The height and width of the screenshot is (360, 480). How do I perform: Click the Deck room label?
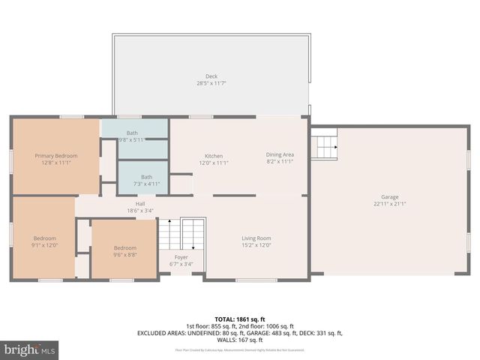[211, 76]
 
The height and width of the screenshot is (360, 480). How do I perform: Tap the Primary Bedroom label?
[56, 156]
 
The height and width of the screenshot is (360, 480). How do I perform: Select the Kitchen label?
[214, 156]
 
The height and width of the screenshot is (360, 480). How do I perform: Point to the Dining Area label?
[280, 155]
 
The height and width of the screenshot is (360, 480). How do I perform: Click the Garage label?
[389, 197]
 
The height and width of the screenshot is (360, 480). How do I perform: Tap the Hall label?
[139, 203]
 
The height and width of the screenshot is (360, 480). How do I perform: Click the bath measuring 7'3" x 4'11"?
[146, 184]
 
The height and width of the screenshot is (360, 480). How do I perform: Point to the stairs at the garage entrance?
[324, 144]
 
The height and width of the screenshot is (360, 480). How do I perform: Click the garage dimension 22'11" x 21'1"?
[389, 203]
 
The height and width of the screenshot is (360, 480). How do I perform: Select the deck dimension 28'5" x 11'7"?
[211, 83]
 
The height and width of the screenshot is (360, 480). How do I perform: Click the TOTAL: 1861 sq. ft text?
[239, 319]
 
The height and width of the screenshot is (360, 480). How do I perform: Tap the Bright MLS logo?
[30, 349]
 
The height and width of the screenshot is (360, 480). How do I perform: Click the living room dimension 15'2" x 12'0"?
[256, 244]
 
